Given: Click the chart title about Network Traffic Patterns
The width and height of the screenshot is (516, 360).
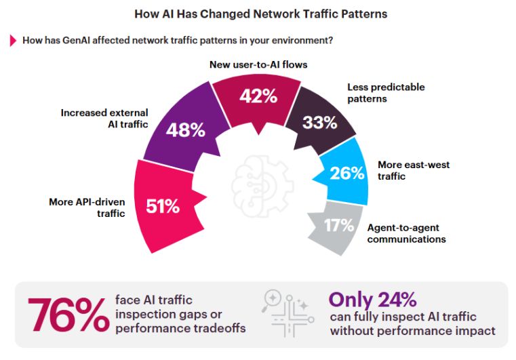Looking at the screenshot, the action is (260, 14).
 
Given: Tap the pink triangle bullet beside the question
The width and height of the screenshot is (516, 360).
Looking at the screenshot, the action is (13, 41).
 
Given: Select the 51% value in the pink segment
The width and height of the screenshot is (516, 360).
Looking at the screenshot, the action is (163, 206).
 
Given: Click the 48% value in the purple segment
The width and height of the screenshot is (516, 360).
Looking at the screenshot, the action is (186, 130).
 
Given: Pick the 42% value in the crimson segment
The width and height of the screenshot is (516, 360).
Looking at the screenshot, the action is (258, 96).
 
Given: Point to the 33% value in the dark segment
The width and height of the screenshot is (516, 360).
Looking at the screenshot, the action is (320, 123).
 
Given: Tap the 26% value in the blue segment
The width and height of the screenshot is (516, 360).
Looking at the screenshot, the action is (347, 173).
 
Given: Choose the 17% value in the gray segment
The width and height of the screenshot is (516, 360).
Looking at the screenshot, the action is (339, 225).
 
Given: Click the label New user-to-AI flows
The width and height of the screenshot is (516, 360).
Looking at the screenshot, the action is (258, 64).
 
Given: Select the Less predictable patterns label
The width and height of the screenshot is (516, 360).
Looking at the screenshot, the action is (386, 93).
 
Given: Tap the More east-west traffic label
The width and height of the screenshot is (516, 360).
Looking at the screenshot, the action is (414, 170).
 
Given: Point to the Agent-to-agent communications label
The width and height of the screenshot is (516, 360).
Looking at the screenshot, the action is (406, 233).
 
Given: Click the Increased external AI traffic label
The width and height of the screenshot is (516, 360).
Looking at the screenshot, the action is (104, 119).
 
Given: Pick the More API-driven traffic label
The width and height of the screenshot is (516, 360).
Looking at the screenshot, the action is (87, 207).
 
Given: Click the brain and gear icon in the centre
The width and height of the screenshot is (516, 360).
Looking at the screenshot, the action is (262, 186).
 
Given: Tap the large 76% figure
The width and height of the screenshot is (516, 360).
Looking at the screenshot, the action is (68, 315).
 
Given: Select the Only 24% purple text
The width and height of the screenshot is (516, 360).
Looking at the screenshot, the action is (372, 300).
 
